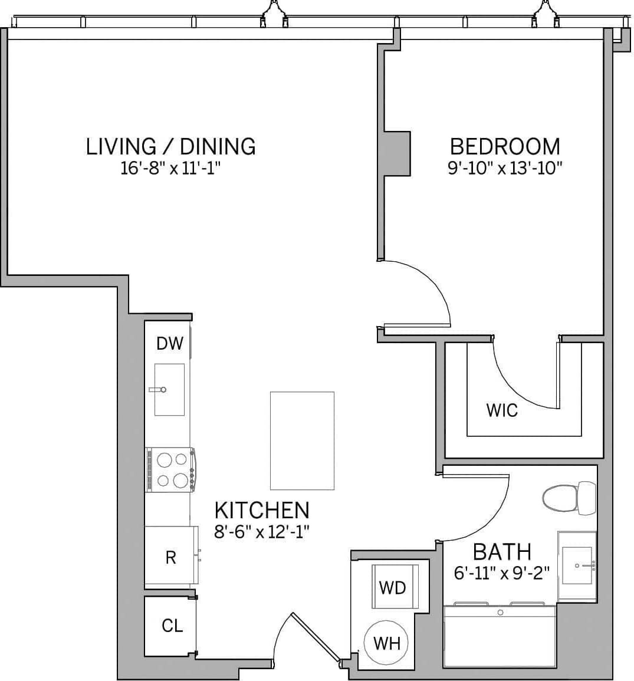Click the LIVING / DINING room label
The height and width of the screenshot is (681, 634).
[x=171, y=146]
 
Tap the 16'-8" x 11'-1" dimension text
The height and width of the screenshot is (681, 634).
[x=170, y=169]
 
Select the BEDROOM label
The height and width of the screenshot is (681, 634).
[x=505, y=146]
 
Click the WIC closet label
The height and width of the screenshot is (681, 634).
[x=502, y=410]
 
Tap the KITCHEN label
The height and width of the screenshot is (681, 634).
[x=261, y=509]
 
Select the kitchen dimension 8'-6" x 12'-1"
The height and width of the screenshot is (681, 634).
[x=261, y=532]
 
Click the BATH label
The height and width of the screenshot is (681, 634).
[x=502, y=552]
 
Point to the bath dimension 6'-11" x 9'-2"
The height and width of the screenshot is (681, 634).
[x=502, y=573]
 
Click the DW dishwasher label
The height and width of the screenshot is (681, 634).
[x=170, y=343]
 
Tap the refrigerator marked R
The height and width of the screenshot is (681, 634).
[x=170, y=557]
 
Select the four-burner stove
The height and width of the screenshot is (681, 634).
[x=170, y=470]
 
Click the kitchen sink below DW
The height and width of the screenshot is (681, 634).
[x=170, y=389]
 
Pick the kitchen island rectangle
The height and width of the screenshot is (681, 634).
[x=302, y=440]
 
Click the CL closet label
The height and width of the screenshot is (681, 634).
[x=172, y=626]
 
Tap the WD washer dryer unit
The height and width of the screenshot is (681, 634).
[x=393, y=587]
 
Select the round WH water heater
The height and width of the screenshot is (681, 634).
[x=387, y=643]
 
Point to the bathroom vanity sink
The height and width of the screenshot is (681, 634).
[x=577, y=565]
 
